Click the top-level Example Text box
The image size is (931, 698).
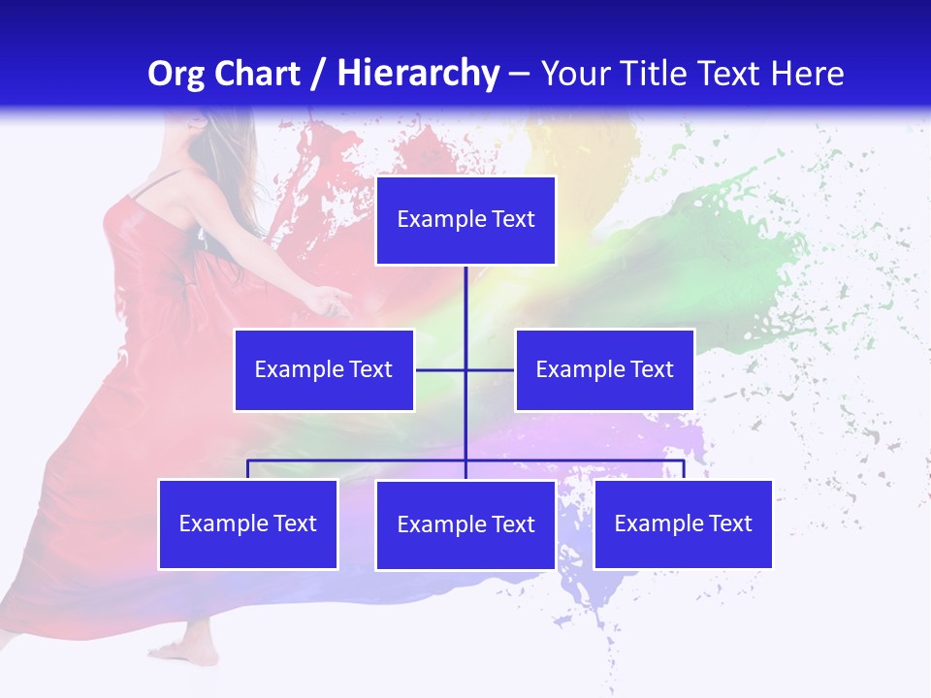pyautogui.click(x=465, y=220)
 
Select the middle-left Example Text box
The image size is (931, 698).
pyautogui.click(x=324, y=369)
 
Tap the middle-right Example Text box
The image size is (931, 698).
pyautogui.click(x=604, y=369)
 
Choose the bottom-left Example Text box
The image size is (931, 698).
pyautogui.click(x=248, y=523)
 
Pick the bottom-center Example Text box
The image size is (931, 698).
pyautogui.click(x=465, y=524)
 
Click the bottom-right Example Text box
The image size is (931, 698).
pyautogui.click(x=683, y=523)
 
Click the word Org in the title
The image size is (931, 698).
pyautogui.click(x=177, y=74)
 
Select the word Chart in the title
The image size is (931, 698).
pyautogui.click(x=256, y=74)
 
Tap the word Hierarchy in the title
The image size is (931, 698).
pyautogui.click(x=417, y=74)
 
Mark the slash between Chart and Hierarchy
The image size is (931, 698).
pyautogui.click(x=318, y=74)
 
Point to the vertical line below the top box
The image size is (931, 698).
pyautogui.click(x=465, y=301)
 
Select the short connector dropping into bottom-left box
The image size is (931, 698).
pyautogui.click(x=248, y=470)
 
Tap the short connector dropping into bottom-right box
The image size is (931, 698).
pyautogui.click(x=683, y=470)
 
